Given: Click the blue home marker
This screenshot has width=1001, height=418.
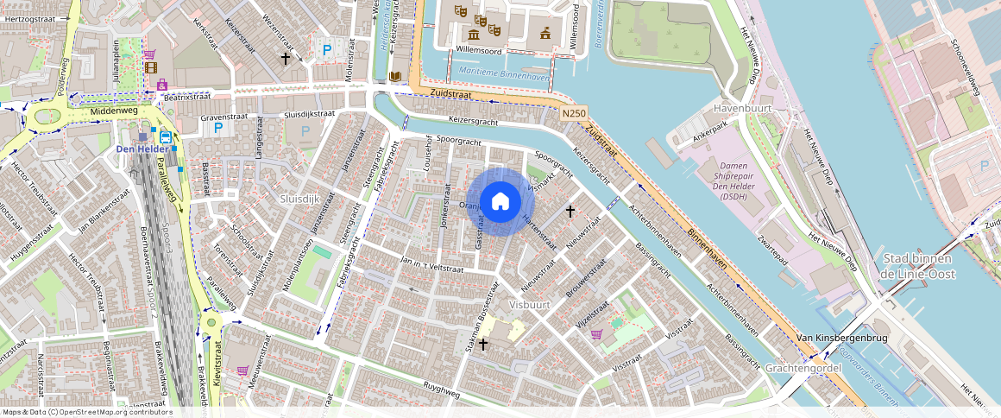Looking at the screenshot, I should coord(500,202).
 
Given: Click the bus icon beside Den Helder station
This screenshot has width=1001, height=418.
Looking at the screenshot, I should coord(163,136).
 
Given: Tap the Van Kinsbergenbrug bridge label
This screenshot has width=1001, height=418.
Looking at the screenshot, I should coord(841,338).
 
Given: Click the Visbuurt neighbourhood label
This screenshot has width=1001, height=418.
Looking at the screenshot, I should coord(530,306).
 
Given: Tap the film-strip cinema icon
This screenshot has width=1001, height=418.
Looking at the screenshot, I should coord(151,68).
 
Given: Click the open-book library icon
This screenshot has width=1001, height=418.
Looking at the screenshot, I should coord(395,77).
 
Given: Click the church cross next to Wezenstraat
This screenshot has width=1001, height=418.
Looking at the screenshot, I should coord(286,58).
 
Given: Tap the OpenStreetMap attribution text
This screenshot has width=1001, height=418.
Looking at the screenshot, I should coord(86,412).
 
